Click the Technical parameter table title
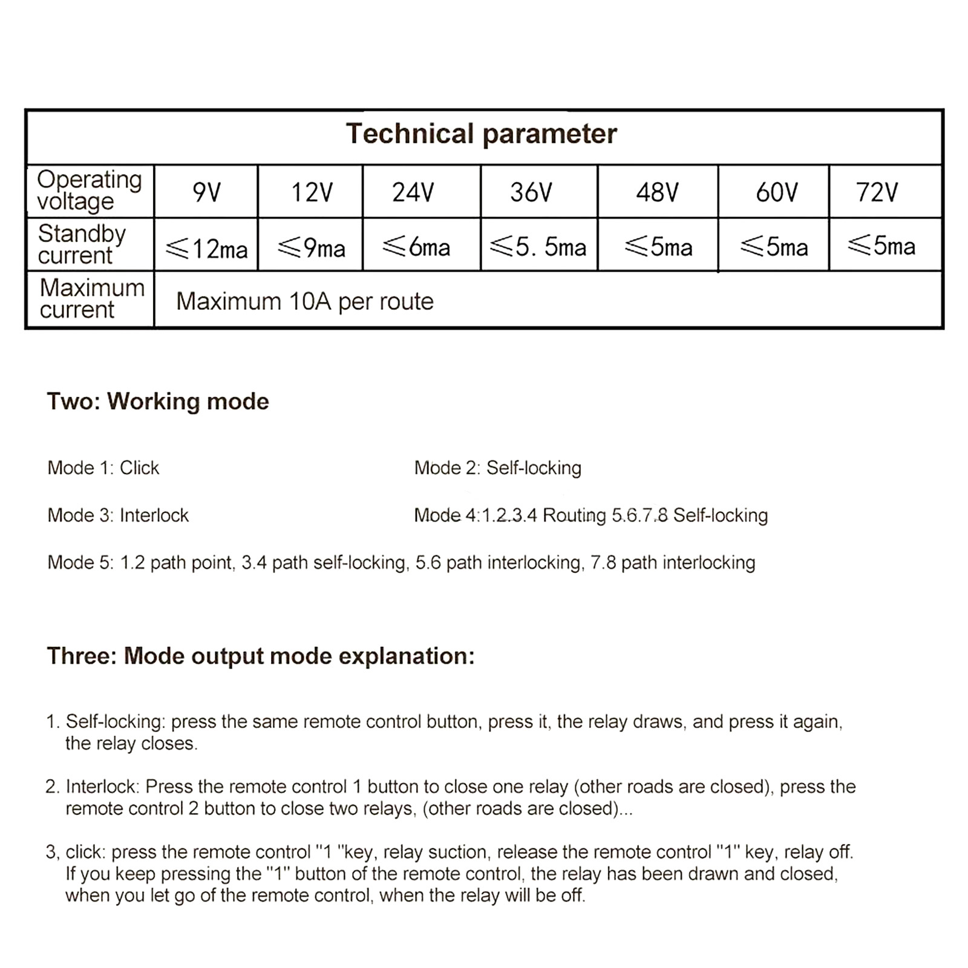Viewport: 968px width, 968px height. click(481, 134)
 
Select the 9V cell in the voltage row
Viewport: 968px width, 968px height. click(206, 192)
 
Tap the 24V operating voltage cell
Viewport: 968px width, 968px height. click(413, 192)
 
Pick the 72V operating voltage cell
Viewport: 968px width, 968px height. click(877, 192)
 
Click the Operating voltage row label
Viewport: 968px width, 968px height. click(89, 190)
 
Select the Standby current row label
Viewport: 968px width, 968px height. click(82, 244)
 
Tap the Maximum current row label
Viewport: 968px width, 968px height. click(91, 298)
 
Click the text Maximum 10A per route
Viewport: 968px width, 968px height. click(305, 301)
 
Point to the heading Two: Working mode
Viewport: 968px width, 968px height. click(158, 401)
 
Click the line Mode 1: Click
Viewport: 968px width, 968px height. click(103, 468)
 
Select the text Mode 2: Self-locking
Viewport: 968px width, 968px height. click(497, 468)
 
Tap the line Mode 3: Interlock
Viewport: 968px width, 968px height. click(118, 515)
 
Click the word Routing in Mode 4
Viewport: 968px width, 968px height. click(574, 515)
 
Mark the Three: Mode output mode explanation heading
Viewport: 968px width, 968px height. click(261, 656)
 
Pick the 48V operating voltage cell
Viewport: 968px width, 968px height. click(657, 192)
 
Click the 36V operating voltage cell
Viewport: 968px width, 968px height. click(531, 192)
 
